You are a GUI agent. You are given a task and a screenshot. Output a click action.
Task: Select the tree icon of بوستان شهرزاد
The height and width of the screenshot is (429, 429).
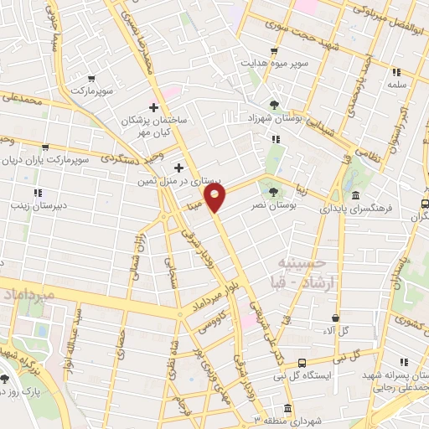tap(274, 104)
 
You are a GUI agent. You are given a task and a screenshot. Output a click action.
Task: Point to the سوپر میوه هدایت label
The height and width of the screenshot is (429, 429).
tap(276, 63)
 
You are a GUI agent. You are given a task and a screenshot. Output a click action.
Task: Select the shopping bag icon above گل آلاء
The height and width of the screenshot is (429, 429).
tap(336, 318)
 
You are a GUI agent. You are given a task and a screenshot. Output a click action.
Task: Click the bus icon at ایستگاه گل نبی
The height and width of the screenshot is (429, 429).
tap(302, 363)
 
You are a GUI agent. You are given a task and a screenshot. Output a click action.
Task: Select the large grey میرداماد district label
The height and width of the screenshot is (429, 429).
tap(29, 296)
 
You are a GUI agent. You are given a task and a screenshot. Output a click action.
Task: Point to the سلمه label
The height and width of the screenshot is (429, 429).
tap(396, 85)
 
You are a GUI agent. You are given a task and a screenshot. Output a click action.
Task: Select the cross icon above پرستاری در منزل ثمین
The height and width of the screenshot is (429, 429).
tap(178, 168)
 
